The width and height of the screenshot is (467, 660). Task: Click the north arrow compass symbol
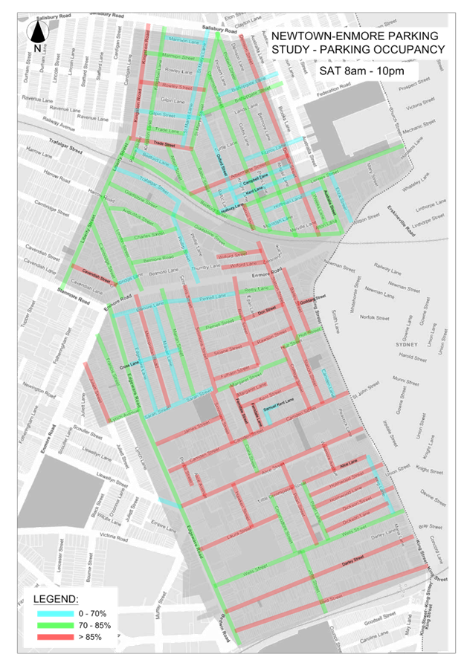click(x=37, y=33)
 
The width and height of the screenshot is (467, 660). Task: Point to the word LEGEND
click(x=55, y=599)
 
